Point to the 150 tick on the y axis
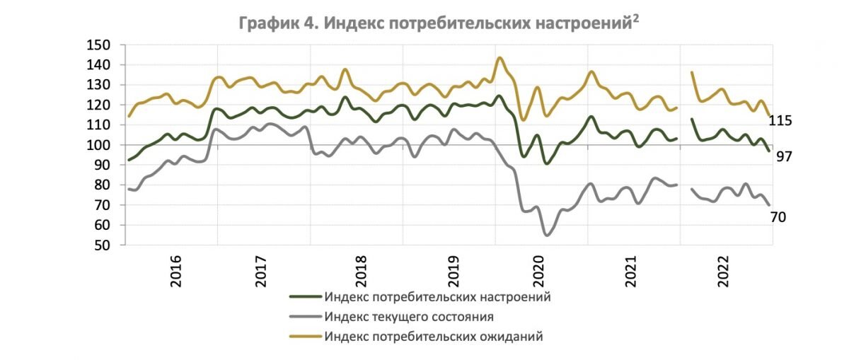point(98,45)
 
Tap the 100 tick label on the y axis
point(98,145)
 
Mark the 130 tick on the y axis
point(98,85)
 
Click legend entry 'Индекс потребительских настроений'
point(437,296)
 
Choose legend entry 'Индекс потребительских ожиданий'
point(434,337)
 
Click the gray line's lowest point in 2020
point(546,235)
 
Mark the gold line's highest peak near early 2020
point(499,58)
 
